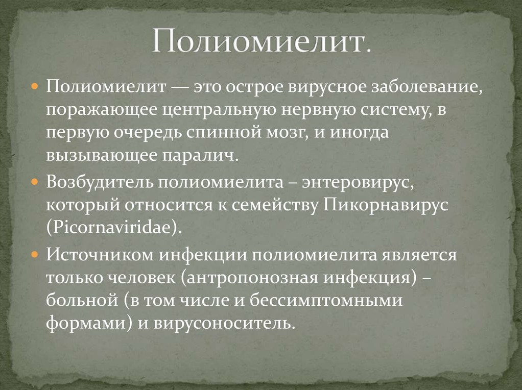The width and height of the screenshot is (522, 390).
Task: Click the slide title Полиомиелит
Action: [262, 42]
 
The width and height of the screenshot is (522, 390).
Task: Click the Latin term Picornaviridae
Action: [112, 228]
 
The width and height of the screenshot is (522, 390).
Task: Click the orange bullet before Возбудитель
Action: [34, 182]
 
